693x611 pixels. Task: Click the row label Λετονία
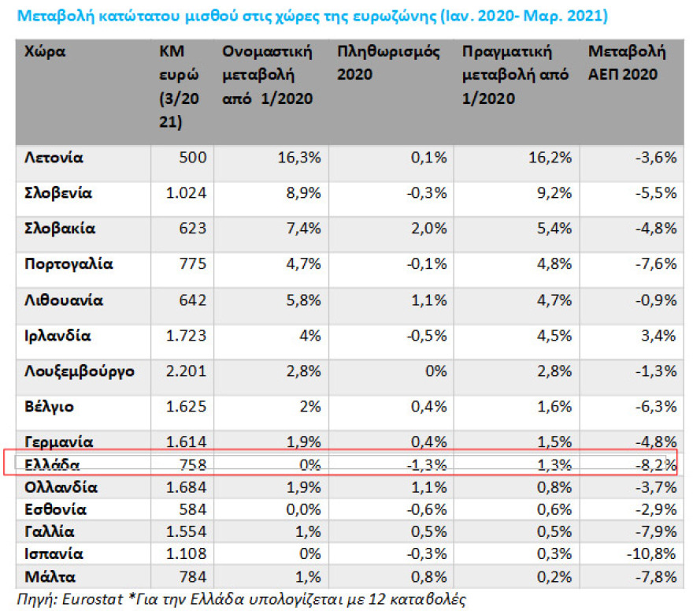[x=54, y=158]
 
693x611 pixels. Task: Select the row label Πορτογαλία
[x=69, y=264]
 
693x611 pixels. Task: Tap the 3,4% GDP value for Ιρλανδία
[x=659, y=336]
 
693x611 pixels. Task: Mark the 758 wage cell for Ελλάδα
[x=194, y=464]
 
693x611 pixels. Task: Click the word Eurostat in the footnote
[x=88, y=599]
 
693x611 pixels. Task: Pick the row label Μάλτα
[x=49, y=576]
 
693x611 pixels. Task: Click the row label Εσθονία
[x=55, y=509]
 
